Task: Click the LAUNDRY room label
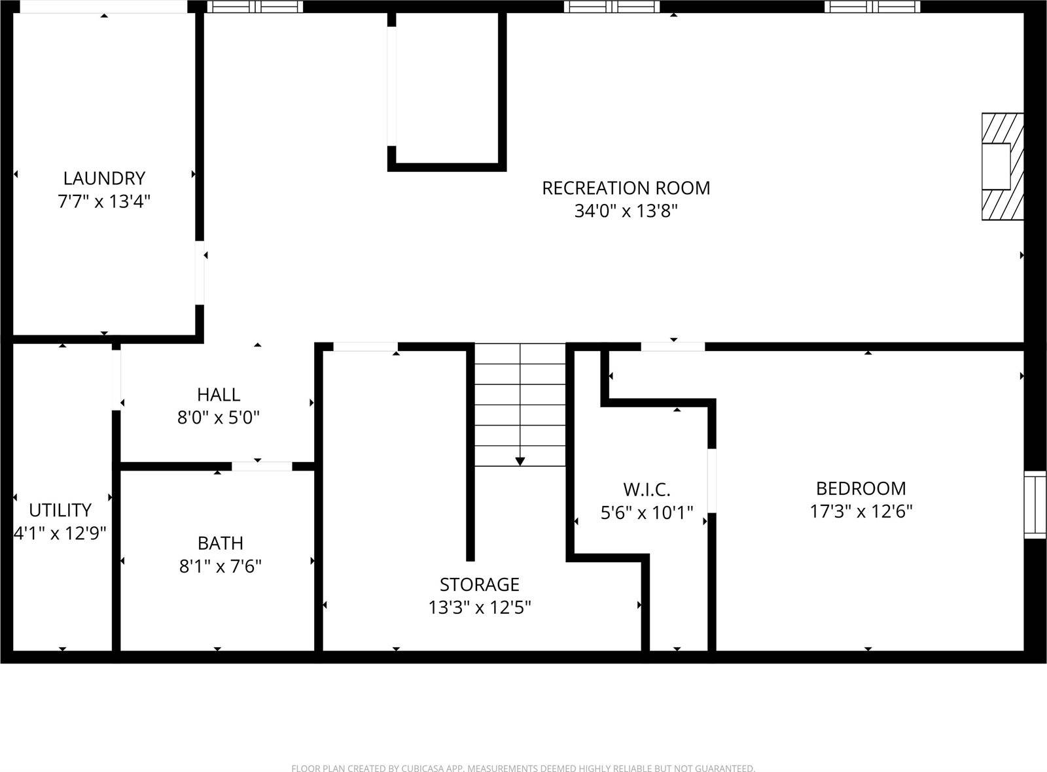(x=104, y=178)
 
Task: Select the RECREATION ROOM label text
(x=626, y=188)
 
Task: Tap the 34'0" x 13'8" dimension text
(x=626, y=210)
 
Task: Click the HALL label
(x=219, y=394)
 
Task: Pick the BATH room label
(x=221, y=543)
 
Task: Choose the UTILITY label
(x=60, y=511)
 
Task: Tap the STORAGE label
(x=480, y=585)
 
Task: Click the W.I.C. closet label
(x=647, y=490)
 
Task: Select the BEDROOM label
(x=861, y=488)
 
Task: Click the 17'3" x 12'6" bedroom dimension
(x=861, y=511)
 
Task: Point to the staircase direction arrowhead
(x=520, y=462)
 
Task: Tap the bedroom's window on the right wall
(x=1035, y=504)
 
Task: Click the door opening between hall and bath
(x=262, y=466)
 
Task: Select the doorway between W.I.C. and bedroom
(x=711, y=480)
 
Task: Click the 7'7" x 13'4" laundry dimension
(x=104, y=201)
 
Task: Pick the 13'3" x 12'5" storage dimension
(x=480, y=607)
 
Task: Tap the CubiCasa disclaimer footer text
(x=523, y=768)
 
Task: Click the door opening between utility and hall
(x=116, y=380)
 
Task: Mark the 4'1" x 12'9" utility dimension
(x=60, y=533)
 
